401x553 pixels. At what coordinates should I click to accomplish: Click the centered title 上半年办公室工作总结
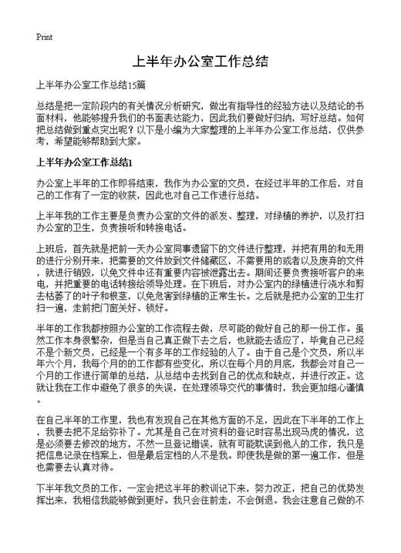[200, 61]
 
